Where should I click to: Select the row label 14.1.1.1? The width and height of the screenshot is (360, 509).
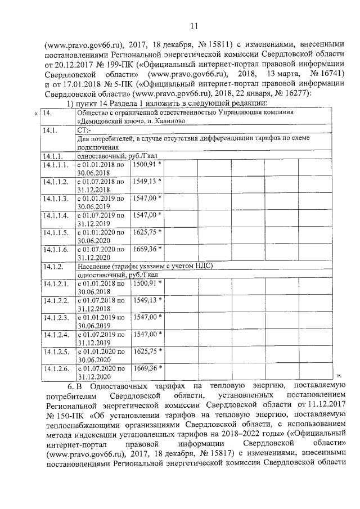55,165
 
